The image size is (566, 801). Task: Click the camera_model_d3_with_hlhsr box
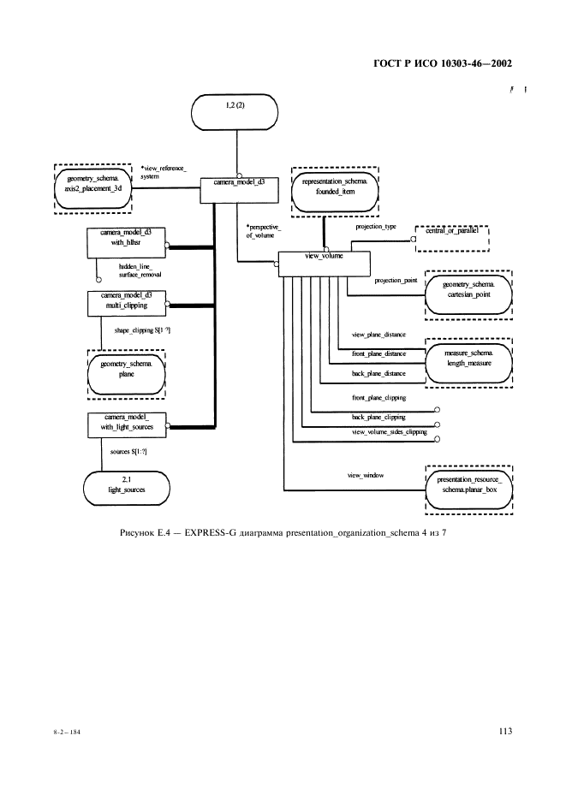[x=127, y=243]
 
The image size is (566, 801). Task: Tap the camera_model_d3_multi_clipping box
[x=127, y=303]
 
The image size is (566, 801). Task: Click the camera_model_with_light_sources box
[x=127, y=424]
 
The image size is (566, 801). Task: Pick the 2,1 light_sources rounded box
[x=127, y=485]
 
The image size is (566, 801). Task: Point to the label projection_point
[x=396, y=280]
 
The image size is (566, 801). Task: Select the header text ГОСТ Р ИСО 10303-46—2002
[x=444, y=64]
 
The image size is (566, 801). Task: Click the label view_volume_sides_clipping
[x=390, y=433]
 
